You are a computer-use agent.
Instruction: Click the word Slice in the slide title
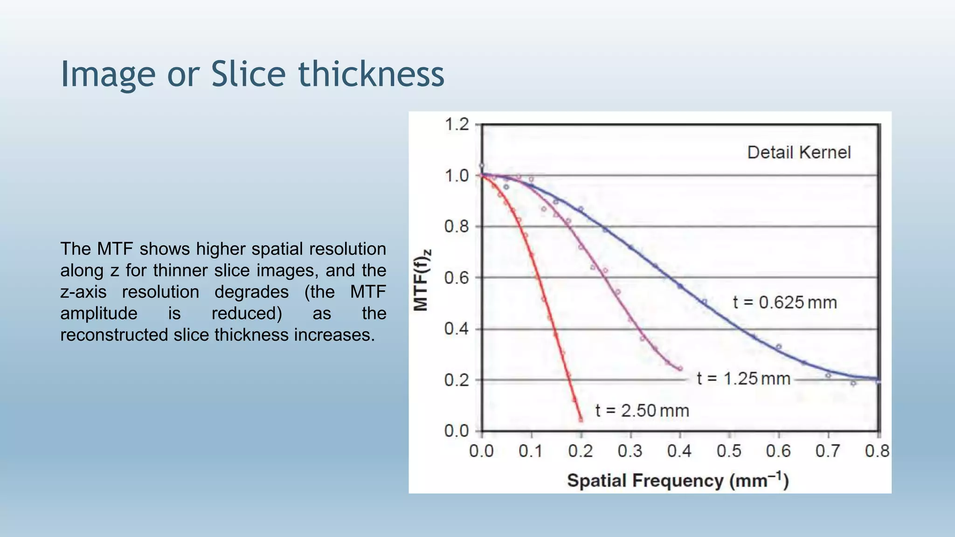248,74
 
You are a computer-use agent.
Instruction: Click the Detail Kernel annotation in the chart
799,152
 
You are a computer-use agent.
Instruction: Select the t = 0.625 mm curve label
785,303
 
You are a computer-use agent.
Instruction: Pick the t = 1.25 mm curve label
743,379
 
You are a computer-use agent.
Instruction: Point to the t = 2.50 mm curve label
642,411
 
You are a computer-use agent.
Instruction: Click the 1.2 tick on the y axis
457,124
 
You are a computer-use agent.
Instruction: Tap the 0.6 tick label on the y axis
457,278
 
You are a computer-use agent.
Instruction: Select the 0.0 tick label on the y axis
457,431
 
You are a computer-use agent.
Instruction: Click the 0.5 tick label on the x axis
729,451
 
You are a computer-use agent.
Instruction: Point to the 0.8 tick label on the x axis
877,451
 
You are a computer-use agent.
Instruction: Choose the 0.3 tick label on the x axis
630,451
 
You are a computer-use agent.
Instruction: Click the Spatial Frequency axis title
678,481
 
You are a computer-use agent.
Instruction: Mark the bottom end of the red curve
581,420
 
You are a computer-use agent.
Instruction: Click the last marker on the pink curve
680,369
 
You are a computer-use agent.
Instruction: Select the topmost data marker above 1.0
482,165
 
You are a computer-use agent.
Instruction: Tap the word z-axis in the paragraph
83,292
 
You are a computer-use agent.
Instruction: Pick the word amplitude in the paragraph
98,313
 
